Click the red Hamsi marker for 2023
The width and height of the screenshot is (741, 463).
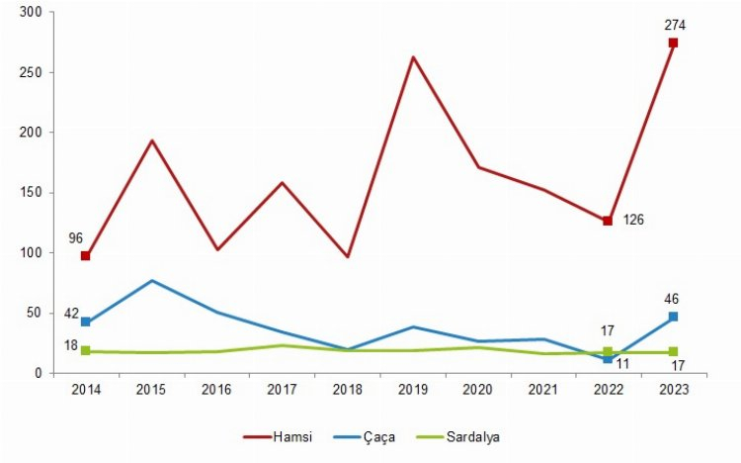point(673,43)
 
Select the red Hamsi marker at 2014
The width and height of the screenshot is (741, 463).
point(86,256)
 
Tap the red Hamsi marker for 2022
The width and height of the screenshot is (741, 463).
point(608,221)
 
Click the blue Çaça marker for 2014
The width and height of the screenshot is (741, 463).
point(86,322)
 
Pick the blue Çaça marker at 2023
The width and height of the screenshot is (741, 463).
point(673,317)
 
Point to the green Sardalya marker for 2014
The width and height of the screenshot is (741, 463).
point(86,351)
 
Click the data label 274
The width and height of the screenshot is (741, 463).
point(676,24)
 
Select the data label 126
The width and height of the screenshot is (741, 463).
point(633,219)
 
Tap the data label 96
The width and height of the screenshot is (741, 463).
point(76,237)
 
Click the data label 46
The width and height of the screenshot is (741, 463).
point(672,298)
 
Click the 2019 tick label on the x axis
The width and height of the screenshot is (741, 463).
point(412,391)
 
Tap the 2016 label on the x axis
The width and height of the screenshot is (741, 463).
point(216,391)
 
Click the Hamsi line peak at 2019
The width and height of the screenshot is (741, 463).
point(412,56)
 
